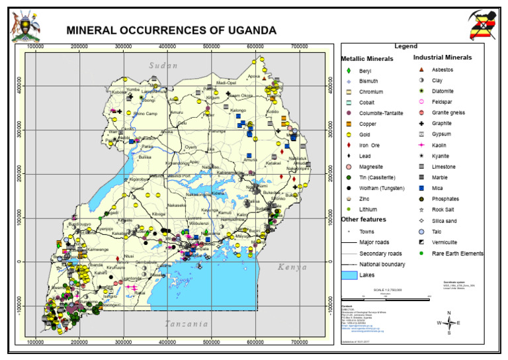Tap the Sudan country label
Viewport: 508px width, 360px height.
[x=163, y=65]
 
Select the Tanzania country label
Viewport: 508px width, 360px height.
[x=186, y=324]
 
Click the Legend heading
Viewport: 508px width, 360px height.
[x=405, y=46]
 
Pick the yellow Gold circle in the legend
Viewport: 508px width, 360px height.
[x=348, y=134]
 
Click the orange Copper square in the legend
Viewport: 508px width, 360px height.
[x=348, y=124]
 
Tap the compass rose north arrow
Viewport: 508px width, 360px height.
[x=448, y=322]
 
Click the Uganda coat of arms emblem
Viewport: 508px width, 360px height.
[x=25, y=26]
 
